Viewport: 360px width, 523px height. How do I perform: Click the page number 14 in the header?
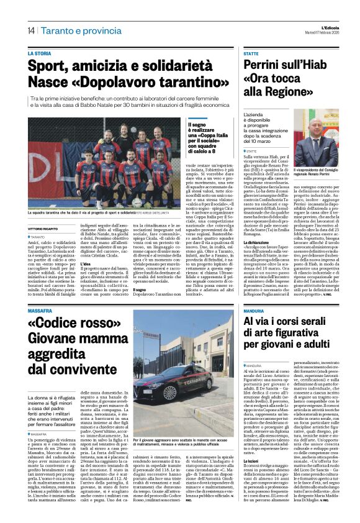click(30, 30)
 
